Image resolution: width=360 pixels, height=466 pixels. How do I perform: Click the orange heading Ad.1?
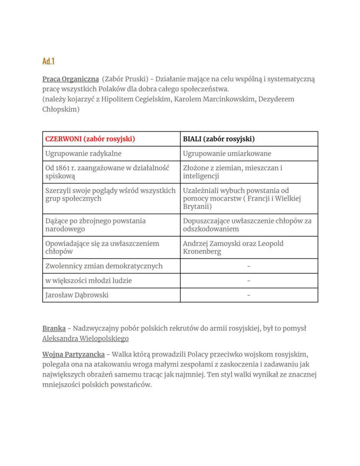tap(48, 61)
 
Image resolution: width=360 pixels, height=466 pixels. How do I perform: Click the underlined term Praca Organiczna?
tap(70, 79)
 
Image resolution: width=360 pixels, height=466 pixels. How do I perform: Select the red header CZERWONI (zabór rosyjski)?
tap(90, 139)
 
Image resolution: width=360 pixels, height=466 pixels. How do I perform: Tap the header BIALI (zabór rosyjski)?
tap(218, 139)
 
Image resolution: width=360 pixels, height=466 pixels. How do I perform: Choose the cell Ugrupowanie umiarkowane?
tap(227, 153)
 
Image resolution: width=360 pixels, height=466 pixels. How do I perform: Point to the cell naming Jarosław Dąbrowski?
tap(77, 295)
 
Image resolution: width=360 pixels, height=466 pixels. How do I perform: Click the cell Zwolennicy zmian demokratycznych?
tap(104, 266)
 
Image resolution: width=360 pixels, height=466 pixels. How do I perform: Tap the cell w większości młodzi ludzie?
tap(88, 281)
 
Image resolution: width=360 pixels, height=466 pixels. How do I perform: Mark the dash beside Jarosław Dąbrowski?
tap(249, 295)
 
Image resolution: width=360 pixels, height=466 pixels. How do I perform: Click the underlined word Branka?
tap(54, 329)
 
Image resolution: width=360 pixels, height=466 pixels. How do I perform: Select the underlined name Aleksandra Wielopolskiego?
tap(85, 339)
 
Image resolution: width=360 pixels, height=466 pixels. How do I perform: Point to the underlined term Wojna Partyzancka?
tap(73, 355)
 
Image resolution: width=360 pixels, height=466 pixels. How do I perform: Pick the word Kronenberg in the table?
tap(202, 251)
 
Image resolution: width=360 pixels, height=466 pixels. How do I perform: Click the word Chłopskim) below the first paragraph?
tap(61, 109)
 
